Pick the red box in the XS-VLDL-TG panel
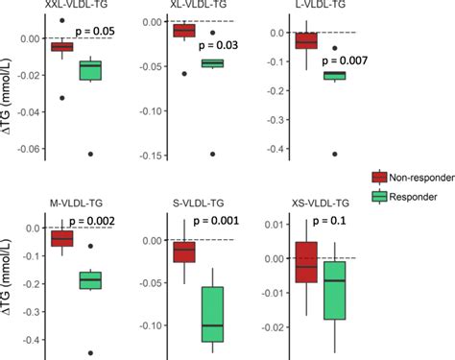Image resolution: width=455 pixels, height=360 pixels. coord(305,262)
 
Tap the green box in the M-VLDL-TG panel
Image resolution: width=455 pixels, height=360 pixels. coord(91,279)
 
